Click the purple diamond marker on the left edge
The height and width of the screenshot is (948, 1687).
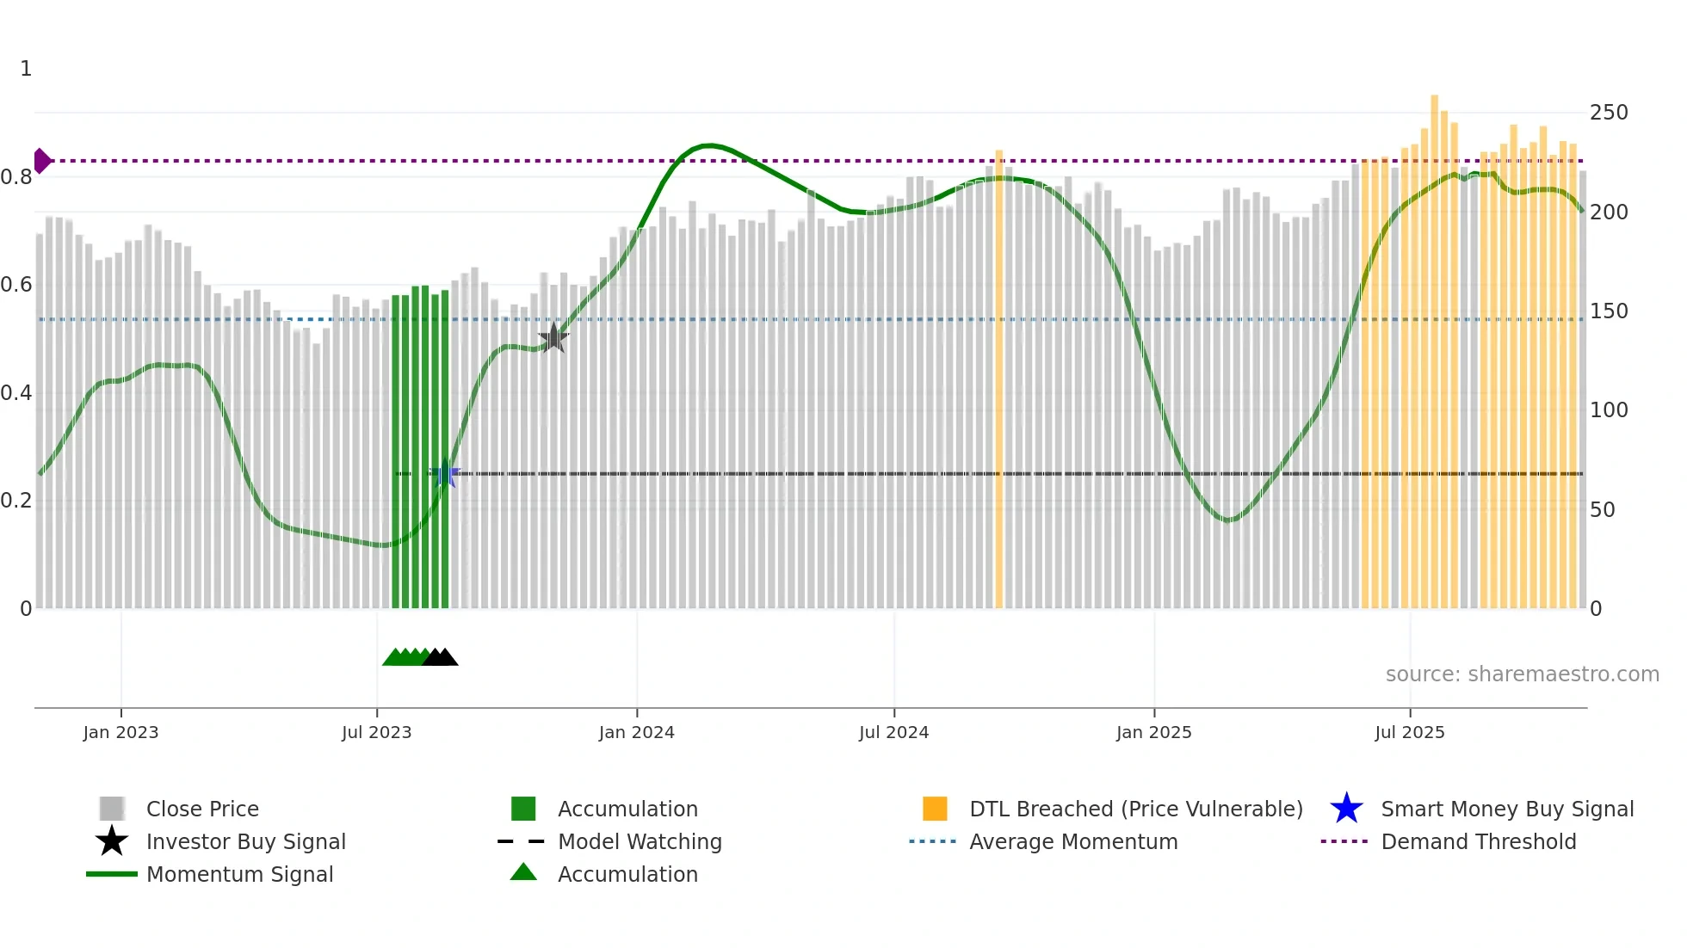click(41, 161)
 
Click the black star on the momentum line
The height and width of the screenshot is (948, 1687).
click(553, 338)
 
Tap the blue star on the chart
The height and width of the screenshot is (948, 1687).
click(445, 473)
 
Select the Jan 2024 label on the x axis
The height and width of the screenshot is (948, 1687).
click(636, 732)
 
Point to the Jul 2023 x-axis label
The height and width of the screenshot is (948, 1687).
click(376, 732)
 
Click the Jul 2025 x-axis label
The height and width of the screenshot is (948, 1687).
click(1409, 732)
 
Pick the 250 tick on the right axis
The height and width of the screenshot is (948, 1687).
click(1608, 113)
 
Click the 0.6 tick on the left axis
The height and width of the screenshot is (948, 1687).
click(16, 285)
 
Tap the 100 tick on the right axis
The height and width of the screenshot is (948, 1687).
click(1608, 410)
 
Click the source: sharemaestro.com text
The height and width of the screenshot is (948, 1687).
click(1522, 674)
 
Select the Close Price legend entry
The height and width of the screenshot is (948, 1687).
click(202, 809)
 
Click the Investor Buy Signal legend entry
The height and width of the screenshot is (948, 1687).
click(245, 841)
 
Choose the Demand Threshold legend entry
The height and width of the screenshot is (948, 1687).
click(1478, 841)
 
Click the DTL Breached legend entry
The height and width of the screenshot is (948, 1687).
click(1135, 809)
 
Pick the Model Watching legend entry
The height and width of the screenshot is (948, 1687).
click(639, 841)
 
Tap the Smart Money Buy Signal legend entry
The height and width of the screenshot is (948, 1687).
click(1506, 809)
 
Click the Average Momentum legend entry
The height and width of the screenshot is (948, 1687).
click(1072, 841)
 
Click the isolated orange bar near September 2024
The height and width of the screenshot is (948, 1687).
click(998, 379)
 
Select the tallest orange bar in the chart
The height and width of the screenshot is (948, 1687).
click(1434, 344)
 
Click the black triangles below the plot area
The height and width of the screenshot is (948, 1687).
click(441, 657)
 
